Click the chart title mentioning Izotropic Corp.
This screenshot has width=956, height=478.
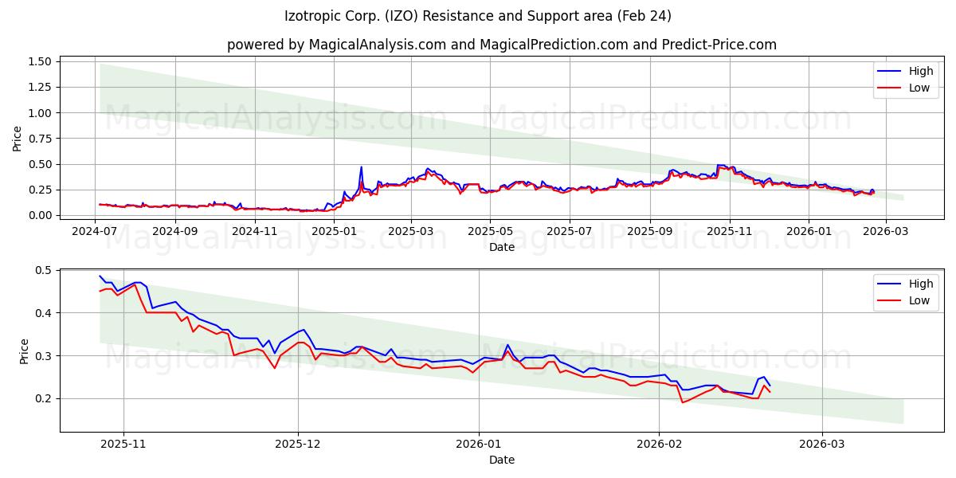coord(478,16)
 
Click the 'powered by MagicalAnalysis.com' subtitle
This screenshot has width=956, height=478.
coord(502,45)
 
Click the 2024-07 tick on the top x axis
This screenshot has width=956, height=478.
coord(95,232)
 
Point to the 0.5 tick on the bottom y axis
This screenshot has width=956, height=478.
coord(43,270)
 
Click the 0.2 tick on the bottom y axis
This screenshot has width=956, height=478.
coord(43,398)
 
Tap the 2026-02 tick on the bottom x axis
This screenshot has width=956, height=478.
coord(660,445)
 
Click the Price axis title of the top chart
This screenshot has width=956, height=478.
coord(18,139)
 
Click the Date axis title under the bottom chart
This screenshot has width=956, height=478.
coord(502,460)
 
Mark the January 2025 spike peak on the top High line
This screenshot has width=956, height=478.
coord(361,167)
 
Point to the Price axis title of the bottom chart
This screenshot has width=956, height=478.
coord(24,351)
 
